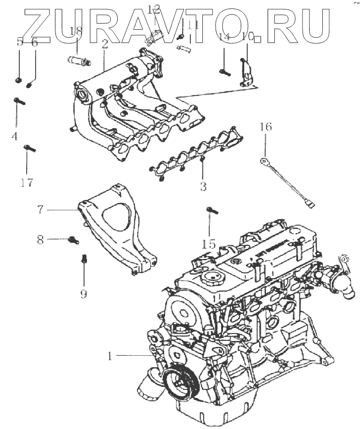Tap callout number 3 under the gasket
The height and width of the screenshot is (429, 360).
click(x=203, y=187)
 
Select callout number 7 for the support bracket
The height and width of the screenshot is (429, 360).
click(x=41, y=209)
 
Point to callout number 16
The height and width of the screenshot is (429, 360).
click(x=266, y=127)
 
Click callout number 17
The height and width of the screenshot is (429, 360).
click(x=27, y=183)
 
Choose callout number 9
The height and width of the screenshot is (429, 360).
click(x=84, y=294)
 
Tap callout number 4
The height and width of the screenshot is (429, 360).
click(x=14, y=136)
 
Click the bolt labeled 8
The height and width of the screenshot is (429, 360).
click(x=73, y=240)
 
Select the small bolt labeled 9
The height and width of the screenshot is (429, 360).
click(x=84, y=258)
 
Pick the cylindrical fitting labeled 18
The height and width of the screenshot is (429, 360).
click(x=79, y=61)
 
